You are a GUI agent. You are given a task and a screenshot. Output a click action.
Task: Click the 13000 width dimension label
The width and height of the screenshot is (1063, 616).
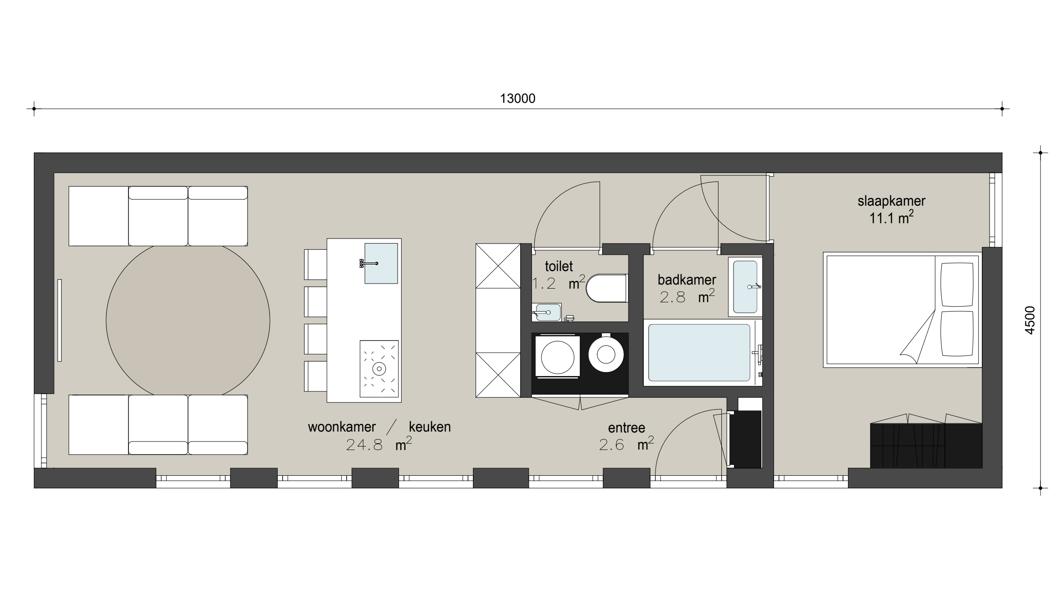[x=518, y=98]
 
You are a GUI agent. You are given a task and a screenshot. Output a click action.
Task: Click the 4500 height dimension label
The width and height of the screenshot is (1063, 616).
[x=1030, y=320]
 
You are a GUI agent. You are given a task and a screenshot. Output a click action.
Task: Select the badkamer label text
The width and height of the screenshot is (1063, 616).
[x=687, y=280]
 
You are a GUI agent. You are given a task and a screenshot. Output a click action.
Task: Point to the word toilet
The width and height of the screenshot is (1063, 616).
[x=559, y=266]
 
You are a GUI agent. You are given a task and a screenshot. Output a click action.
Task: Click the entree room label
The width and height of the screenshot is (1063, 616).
[x=627, y=428]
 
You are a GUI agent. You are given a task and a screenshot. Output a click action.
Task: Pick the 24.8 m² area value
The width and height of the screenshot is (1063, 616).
[x=379, y=445]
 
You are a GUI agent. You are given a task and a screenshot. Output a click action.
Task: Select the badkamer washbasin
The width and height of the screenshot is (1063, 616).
[x=745, y=287]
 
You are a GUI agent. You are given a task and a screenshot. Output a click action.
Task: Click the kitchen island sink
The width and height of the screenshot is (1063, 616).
[x=381, y=263]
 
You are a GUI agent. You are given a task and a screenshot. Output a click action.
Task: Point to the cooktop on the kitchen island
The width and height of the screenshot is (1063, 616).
[x=379, y=369]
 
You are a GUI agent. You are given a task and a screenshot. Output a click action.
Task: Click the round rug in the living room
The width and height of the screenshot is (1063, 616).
[x=188, y=321]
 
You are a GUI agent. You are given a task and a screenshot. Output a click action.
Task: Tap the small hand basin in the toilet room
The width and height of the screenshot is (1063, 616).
[x=546, y=312]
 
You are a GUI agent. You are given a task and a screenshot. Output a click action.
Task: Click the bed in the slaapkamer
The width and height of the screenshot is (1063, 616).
[x=902, y=310]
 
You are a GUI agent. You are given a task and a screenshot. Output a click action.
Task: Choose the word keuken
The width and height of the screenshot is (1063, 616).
[x=430, y=427]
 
